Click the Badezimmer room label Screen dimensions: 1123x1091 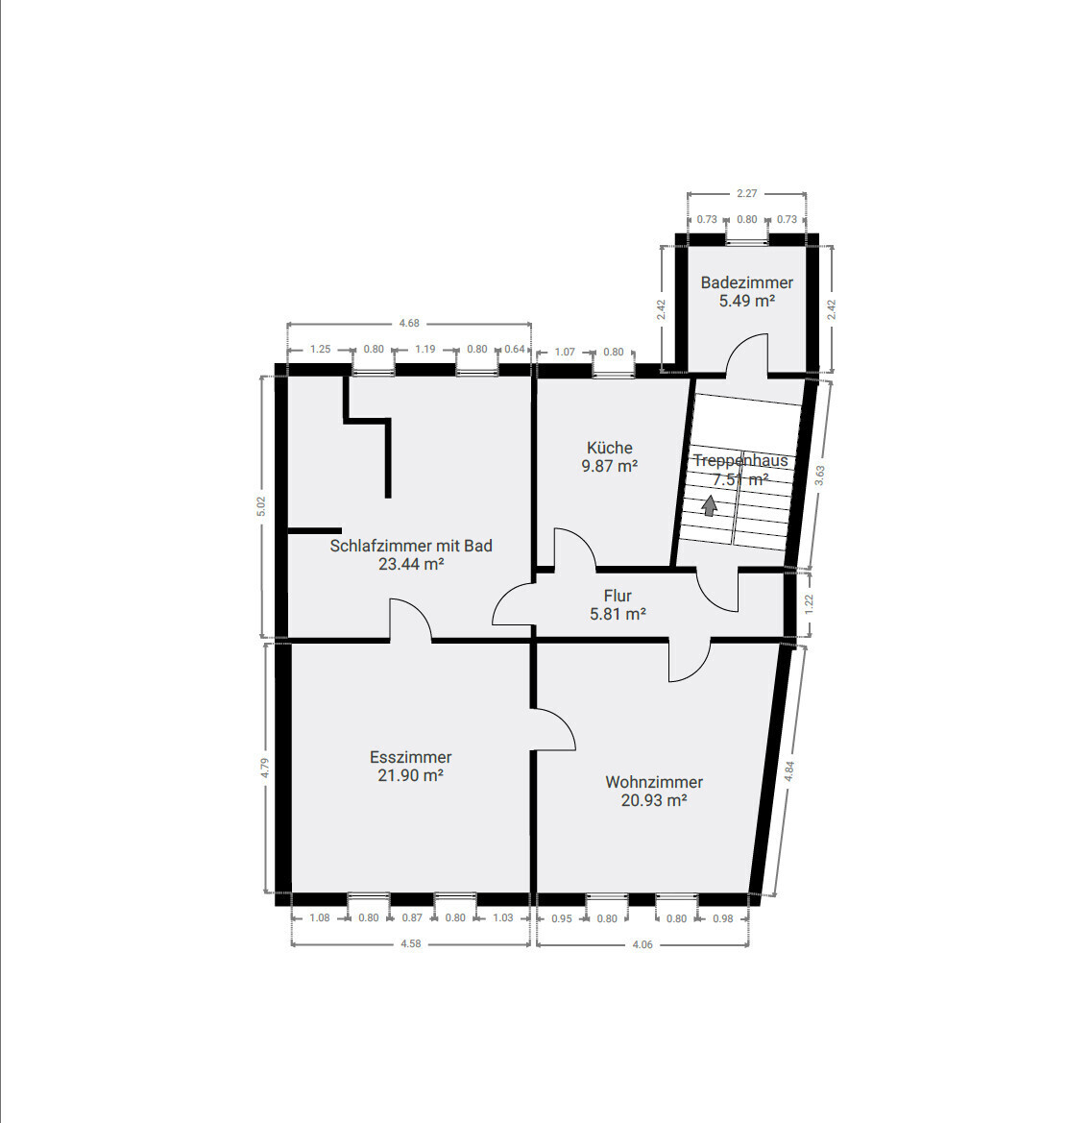click(x=746, y=282)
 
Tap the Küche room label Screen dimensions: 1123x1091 click(x=610, y=448)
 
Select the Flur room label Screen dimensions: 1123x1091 click(x=618, y=596)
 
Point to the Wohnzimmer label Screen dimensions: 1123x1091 click(x=654, y=782)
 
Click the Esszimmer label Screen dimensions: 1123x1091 click(x=410, y=757)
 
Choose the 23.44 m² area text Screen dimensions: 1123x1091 click(x=410, y=564)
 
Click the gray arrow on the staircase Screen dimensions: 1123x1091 click(x=710, y=505)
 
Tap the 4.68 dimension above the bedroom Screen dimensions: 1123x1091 click(x=409, y=323)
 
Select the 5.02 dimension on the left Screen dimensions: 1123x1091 click(x=260, y=507)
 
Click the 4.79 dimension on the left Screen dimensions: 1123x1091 click(x=265, y=769)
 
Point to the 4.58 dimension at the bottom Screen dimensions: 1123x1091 click(x=410, y=943)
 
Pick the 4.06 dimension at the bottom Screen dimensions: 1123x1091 click(x=642, y=944)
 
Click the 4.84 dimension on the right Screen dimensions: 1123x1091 click(x=789, y=771)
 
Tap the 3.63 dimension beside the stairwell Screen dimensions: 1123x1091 click(x=819, y=476)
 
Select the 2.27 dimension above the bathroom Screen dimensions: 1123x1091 click(x=746, y=193)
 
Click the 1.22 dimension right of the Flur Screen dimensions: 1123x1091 click(x=809, y=603)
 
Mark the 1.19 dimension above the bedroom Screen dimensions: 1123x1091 click(x=425, y=350)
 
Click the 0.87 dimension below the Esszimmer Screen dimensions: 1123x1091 click(x=412, y=917)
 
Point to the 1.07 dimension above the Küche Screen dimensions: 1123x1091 click(x=566, y=352)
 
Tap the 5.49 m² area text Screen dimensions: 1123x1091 click(x=746, y=301)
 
